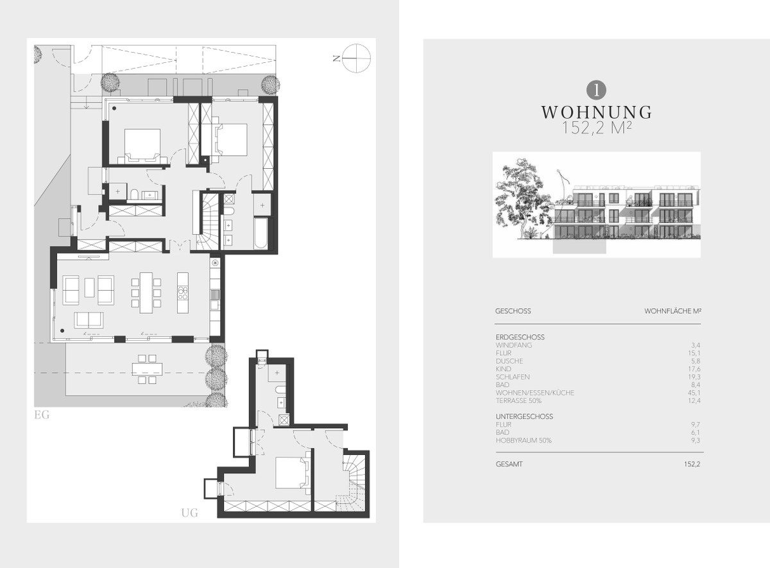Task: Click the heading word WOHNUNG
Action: tap(596, 112)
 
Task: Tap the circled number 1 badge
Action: tap(596, 90)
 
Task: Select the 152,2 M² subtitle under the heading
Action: tap(596, 128)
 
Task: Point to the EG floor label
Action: tap(42, 415)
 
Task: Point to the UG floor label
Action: tap(190, 513)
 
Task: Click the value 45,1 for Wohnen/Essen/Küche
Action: tap(694, 393)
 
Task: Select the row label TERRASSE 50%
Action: tap(518, 400)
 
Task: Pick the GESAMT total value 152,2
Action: tap(692, 464)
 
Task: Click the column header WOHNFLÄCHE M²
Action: tap(672, 311)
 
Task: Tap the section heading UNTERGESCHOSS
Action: tap(524, 417)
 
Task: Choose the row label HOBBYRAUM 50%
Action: tap(524, 440)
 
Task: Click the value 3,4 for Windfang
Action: tap(696, 345)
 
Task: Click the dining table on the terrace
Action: tap(148, 369)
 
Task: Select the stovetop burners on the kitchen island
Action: tap(183, 293)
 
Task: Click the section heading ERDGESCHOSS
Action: tap(520, 338)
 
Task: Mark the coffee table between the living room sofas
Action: tap(90, 288)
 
